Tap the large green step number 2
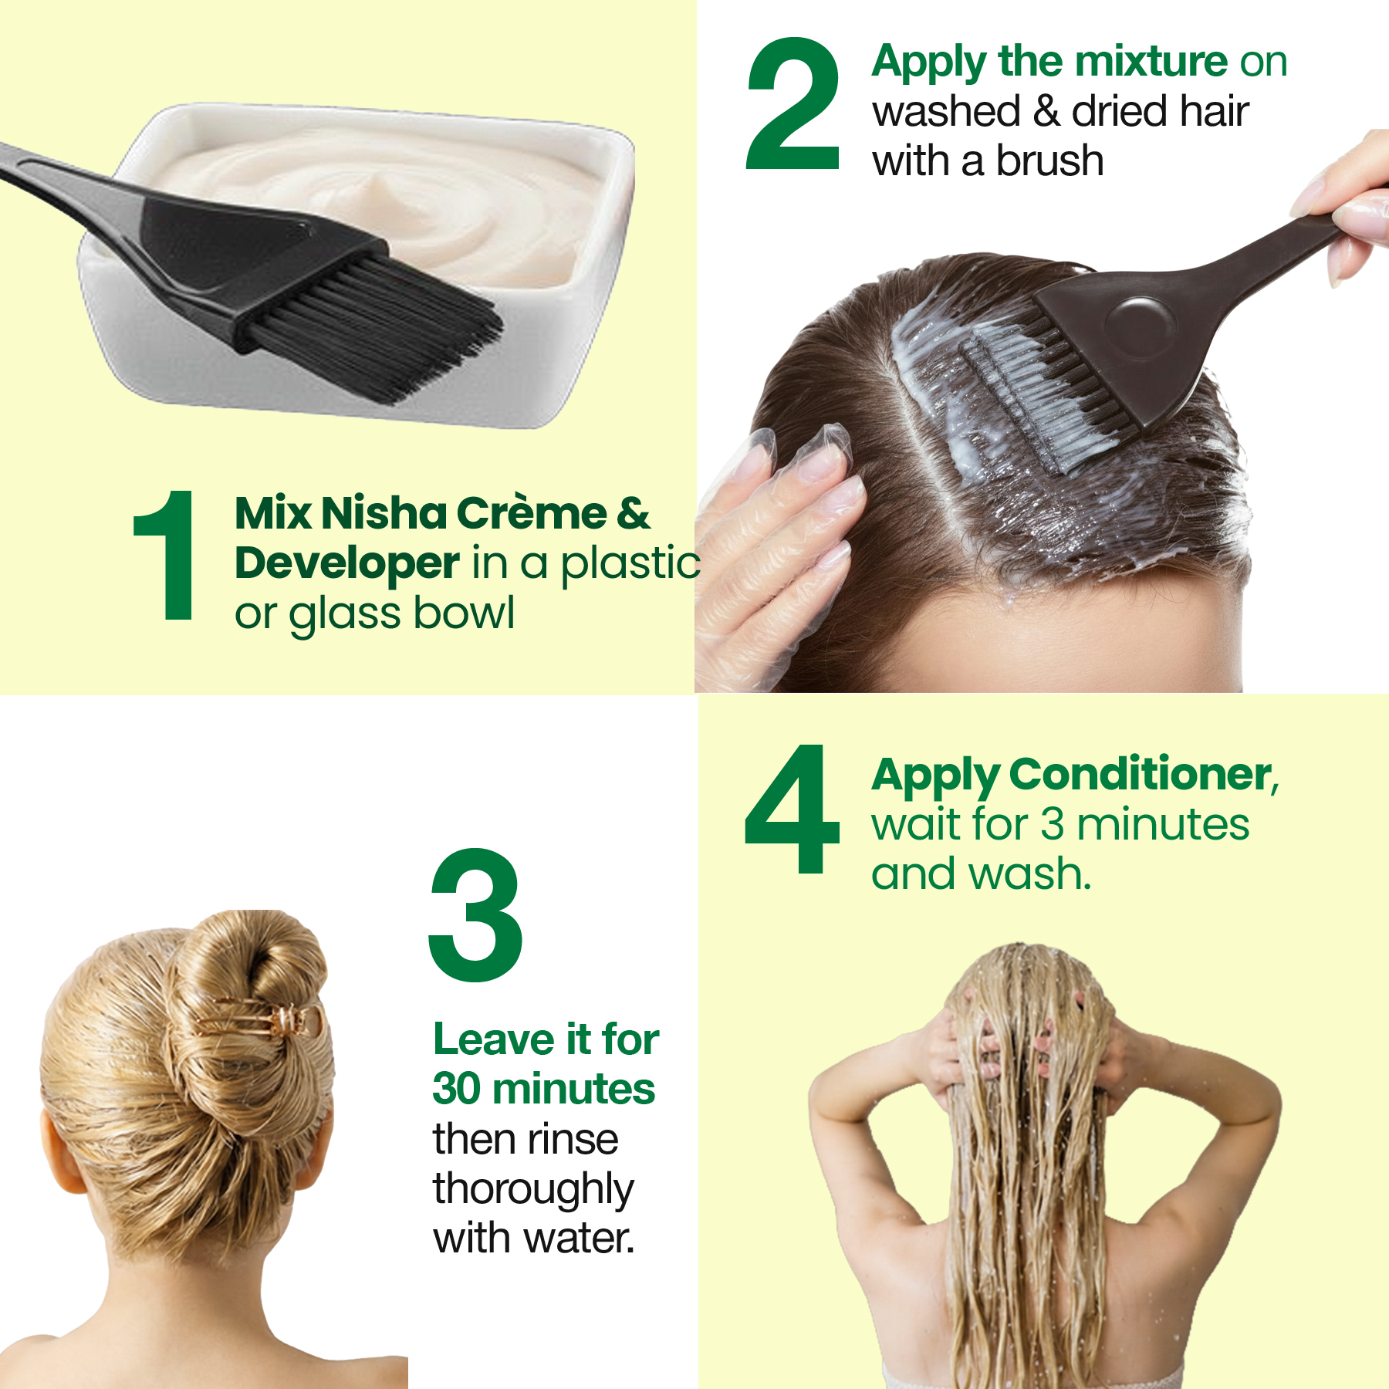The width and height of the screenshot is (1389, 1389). (793, 103)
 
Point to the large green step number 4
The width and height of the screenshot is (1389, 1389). (792, 809)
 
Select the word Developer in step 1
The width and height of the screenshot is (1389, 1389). (347, 563)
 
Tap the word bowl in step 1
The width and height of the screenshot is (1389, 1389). (464, 613)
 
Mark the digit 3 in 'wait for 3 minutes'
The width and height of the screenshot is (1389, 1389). (1053, 824)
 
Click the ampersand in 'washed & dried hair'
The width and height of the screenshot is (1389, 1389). (1046, 111)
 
